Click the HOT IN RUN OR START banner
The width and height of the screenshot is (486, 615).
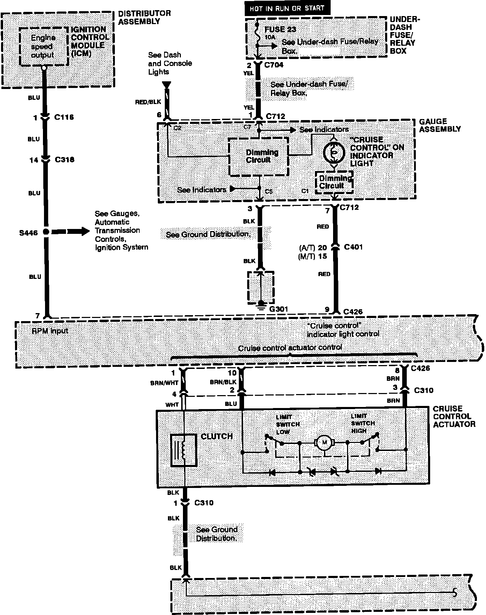[x=287, y=8]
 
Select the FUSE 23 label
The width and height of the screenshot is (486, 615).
[x=280, y=29]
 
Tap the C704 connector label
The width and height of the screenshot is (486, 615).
[x=274, y=65]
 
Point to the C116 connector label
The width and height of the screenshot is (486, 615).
[x=64, y=117]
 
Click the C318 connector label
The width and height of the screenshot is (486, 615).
[x=65, y=160]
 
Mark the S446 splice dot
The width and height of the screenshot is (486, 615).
[x=46, y=232]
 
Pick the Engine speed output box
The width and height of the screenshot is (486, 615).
[x=43, y=46]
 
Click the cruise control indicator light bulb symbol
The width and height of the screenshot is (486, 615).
[x=333, y=153]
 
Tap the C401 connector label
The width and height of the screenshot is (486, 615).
[x=353, y=247]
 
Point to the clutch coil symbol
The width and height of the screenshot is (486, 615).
[x=183, y=450]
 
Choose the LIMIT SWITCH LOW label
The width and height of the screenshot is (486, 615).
[x=287, y=424]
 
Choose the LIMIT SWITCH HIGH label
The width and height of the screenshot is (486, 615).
[x=363, y=423]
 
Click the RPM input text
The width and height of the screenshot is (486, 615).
[x=50, y=331]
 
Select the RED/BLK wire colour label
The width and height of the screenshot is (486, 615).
[x=148, y=102]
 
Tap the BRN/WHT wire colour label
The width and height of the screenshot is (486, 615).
[x=164, y=383]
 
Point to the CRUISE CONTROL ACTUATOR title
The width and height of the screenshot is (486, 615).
[x=454, y=416]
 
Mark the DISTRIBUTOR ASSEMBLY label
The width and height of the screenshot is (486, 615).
[x=145, y=17]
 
